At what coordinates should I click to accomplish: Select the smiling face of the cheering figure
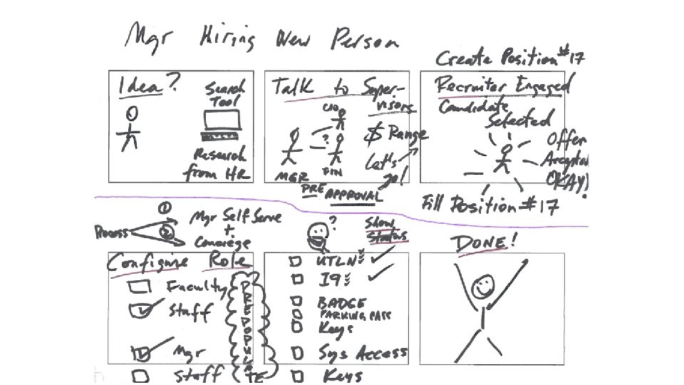coord(484,287)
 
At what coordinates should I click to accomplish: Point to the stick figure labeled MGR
coord(290,147)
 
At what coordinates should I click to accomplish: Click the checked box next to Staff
coord(142,309)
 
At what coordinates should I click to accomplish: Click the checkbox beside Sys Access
coord(294,352)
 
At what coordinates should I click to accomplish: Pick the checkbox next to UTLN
coord(294,261)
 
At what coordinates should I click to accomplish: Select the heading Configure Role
coord(177,262)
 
